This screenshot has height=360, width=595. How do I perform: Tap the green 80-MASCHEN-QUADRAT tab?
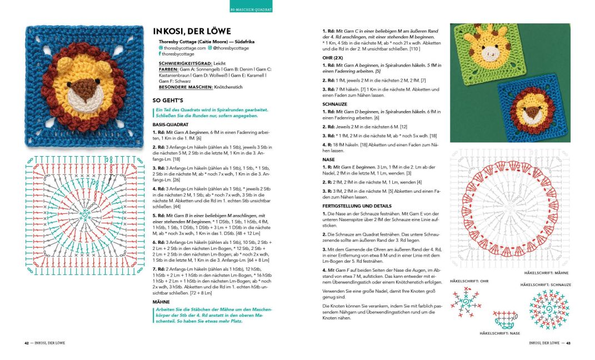[x=251, y=9]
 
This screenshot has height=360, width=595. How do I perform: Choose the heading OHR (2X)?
[x=334, y=57]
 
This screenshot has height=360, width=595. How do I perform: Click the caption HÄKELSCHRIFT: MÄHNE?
[x=547, y=273]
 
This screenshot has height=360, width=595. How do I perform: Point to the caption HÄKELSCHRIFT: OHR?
[x=469, y=281]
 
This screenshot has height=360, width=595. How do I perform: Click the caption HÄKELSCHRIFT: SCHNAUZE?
[x=546, y=285]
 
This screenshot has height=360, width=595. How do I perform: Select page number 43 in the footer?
[x=568, y=343]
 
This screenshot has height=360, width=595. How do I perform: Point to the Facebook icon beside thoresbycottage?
[x=161, y=54]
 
